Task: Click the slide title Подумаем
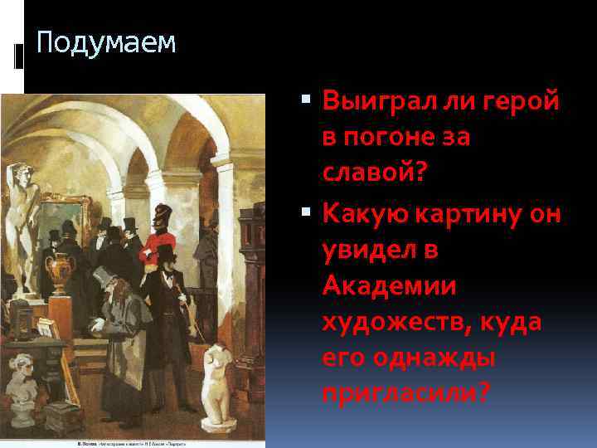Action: click(x=107, y=42)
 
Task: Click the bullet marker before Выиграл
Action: click(x=308, y=102)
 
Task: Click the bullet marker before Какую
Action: click(x=308, y=213)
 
